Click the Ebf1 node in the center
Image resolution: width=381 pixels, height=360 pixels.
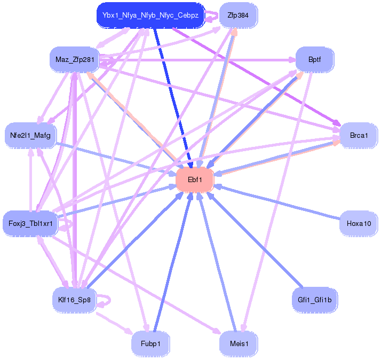[x=195, y=180]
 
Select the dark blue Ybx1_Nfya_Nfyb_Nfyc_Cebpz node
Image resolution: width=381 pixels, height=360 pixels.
[x=150, y=15]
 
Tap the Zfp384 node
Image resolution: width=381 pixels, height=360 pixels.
[x=238, y=15]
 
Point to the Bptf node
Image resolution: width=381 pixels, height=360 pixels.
[x=314, y=59]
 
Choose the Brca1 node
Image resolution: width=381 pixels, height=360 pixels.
[x=359, y=135]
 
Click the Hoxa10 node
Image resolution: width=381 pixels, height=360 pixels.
[x=359, y=223]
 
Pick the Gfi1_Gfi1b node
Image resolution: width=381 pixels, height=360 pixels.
[x=314, y=300]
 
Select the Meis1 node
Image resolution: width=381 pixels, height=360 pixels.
[x=239, y=343]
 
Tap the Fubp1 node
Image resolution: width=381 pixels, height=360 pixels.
[x=150, y=343]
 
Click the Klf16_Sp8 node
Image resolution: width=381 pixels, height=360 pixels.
[x=74, y=300]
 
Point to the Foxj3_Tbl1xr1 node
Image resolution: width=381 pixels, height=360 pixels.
[x=30, y=223]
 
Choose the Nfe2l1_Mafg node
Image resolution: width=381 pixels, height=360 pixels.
[x=30, y=135]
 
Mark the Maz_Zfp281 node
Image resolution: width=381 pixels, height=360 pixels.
[x=74, y=59]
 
